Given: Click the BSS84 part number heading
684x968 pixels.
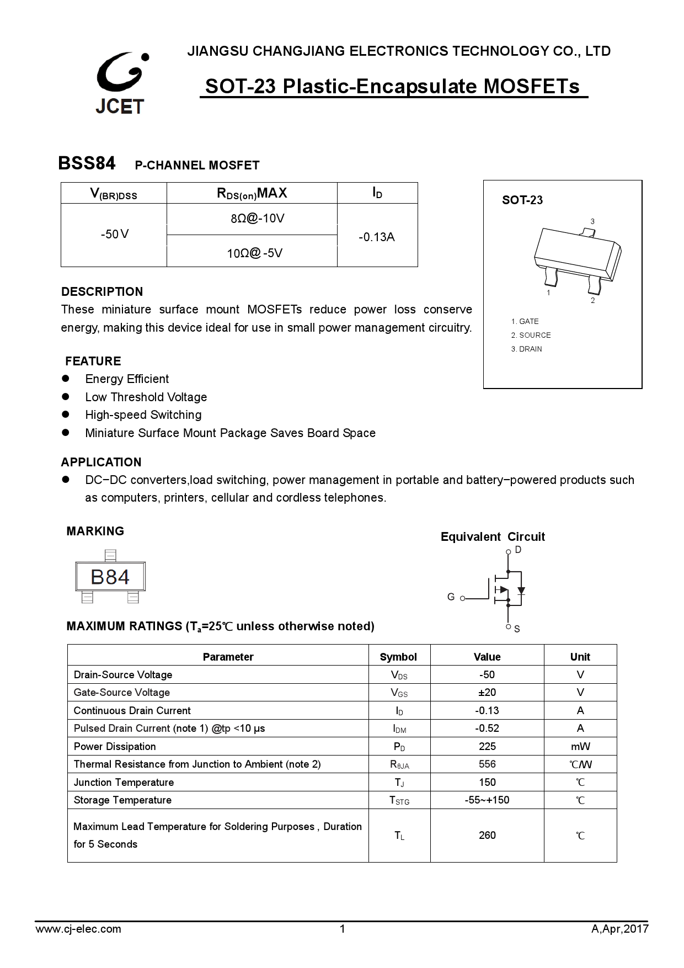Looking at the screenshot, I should coord(87,163).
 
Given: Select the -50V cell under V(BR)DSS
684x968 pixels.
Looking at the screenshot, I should coord(114,235).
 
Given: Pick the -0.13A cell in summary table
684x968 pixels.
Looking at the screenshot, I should coord(377,237).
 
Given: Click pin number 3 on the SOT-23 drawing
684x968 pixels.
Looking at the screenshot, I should coord(592,222).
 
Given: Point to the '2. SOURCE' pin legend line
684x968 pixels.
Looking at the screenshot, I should coord(531,335).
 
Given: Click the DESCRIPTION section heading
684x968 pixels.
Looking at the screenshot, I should coord(102,291).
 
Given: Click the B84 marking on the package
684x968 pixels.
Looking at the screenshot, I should coord(110,577).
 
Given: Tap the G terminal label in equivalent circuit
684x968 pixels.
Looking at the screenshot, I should coord(451,597).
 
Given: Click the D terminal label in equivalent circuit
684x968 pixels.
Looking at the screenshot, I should coord(518,550).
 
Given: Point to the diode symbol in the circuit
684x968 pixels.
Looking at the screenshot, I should coord(521,591).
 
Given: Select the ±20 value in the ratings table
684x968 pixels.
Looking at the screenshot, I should coord(487,693).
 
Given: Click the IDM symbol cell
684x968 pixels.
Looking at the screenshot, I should coord(399,728).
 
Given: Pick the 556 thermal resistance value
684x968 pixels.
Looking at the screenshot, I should coord(487,764).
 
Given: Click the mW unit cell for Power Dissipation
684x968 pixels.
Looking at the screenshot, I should coord(580,747).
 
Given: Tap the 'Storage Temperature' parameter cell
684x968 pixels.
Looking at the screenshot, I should coord(122,800).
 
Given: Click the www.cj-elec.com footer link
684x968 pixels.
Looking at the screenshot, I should coord(78,929).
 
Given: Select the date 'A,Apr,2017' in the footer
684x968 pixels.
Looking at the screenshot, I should coord(619,929).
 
